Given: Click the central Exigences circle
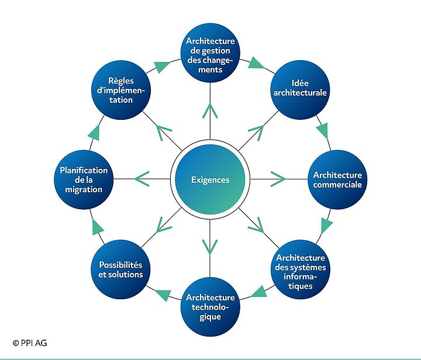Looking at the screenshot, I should point(210,180).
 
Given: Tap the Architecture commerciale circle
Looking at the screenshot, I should point(337,179).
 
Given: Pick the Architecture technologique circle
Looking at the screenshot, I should point(210,307).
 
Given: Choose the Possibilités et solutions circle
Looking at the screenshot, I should point(120,270).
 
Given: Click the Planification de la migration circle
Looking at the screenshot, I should point(84,179).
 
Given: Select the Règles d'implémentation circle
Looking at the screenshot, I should point(120,89).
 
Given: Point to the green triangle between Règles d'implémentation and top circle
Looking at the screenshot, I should point(164,65).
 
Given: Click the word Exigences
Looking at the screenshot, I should point(210,180).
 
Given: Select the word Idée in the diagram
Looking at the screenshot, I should point(301,82).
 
